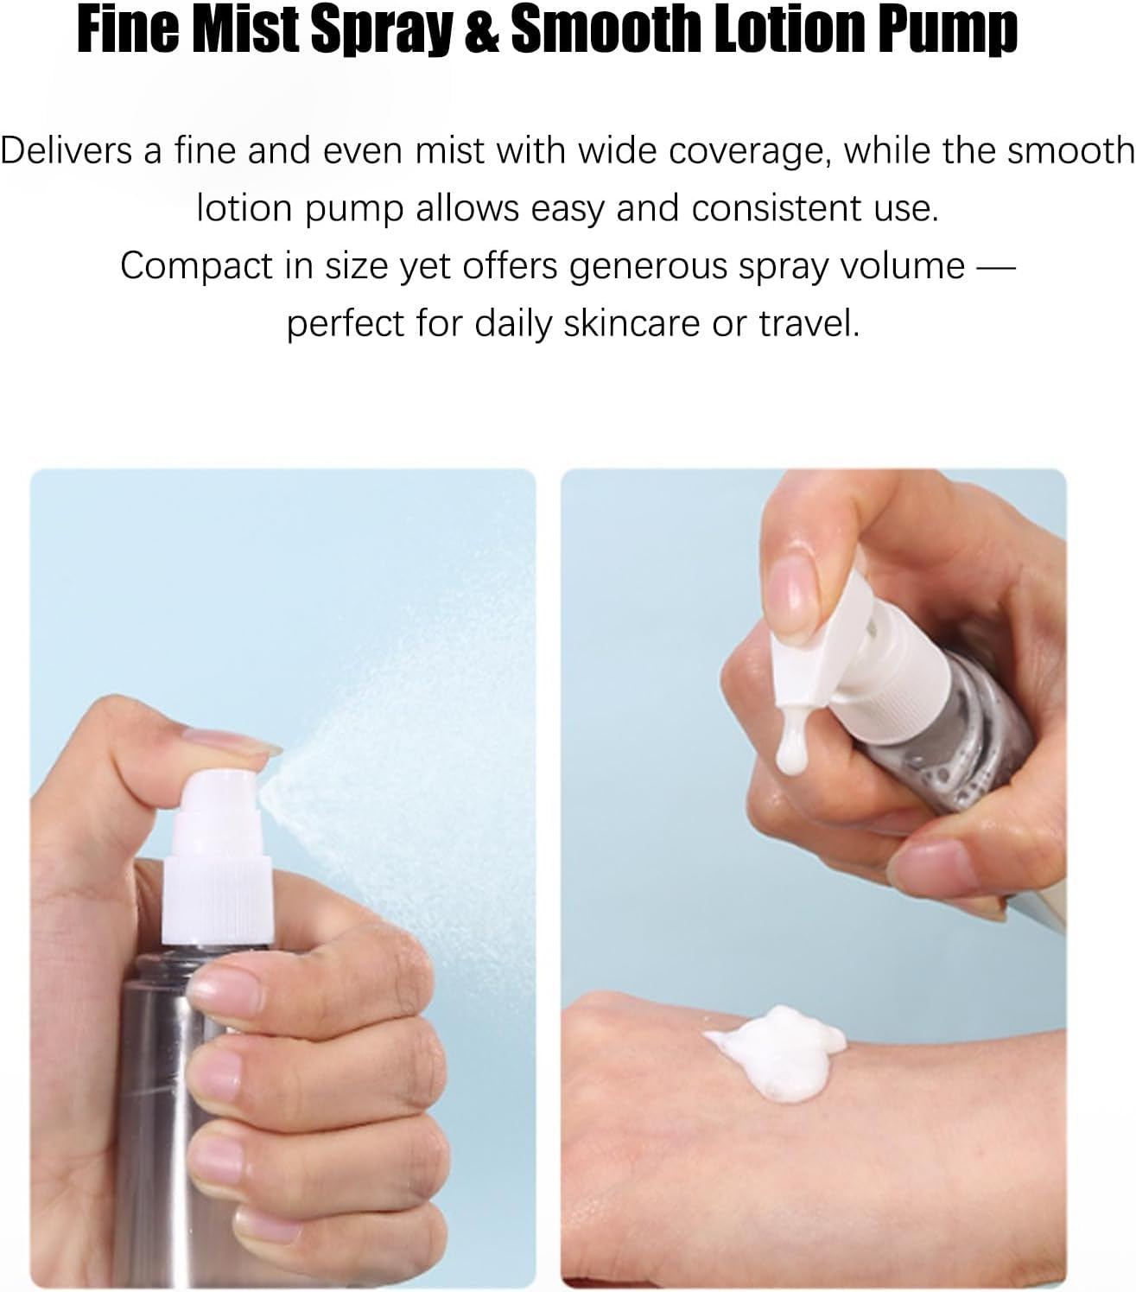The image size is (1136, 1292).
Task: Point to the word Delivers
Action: tap(65, 150)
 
